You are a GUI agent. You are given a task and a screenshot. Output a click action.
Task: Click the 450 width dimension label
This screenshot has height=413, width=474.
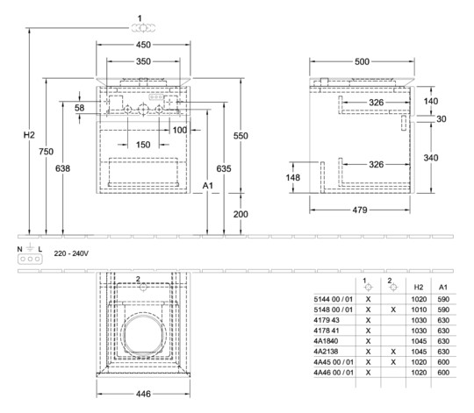(x=143, y=45)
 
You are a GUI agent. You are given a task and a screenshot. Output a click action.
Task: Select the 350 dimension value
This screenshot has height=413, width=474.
(x=143, y=61)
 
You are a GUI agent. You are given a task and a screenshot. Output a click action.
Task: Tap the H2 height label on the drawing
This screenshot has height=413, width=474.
(x=29, y=135)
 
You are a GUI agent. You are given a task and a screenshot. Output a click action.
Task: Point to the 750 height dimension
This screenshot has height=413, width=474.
(x=46, y=152)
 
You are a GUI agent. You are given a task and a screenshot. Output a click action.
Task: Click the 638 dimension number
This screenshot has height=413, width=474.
(x=62, y=168)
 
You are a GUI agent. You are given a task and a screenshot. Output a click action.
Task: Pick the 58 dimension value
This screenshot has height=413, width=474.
(x=80, y=108)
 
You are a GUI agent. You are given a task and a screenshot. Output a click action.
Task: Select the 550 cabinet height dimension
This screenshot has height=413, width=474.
(x=241, y=136)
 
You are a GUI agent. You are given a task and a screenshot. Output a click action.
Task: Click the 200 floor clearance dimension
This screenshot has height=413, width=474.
(x=241, y=214)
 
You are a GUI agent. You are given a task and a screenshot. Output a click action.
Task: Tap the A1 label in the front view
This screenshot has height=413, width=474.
(x=208, y=186)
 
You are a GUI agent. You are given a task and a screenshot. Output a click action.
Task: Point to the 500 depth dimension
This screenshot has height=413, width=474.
(x=362, y=61)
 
